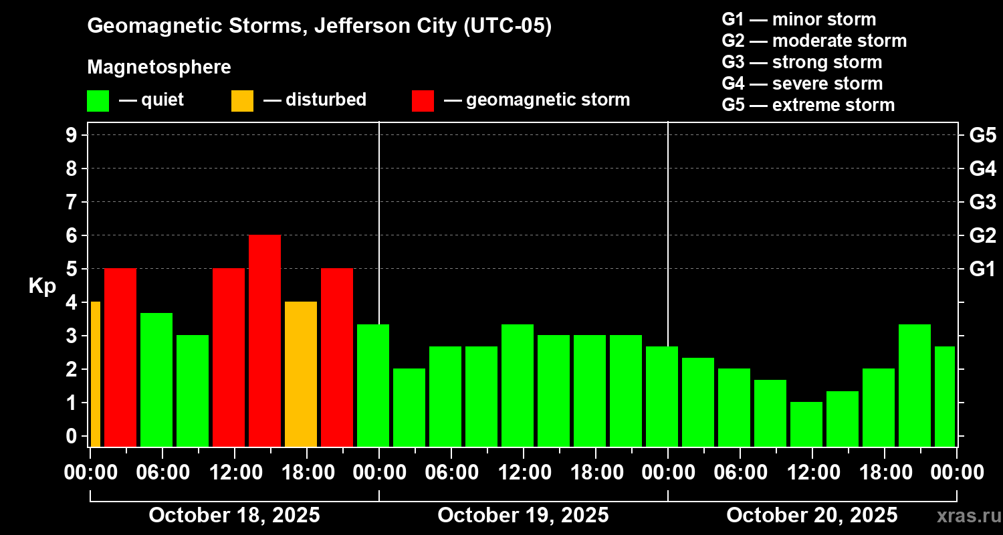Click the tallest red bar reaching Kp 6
(x=265, y=340)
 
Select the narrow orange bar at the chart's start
(x=95, y=374)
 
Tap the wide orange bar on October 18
(x=301, y=374)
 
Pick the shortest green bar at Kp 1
(x=806, y=424)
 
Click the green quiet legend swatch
(x=98, y=100)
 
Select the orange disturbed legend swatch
(x=242, y=100)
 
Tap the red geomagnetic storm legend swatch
(x=423, y=100)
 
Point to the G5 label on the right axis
(x=982, y=136)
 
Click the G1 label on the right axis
(x=982, y=270)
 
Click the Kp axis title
(x=42, y=286)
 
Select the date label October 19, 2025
(x=523, y=516)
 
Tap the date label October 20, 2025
(x=812, y=516)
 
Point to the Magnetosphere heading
(x=159, y=68)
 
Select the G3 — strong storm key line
(x=802, y=62)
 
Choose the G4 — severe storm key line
(x=802, y=84)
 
